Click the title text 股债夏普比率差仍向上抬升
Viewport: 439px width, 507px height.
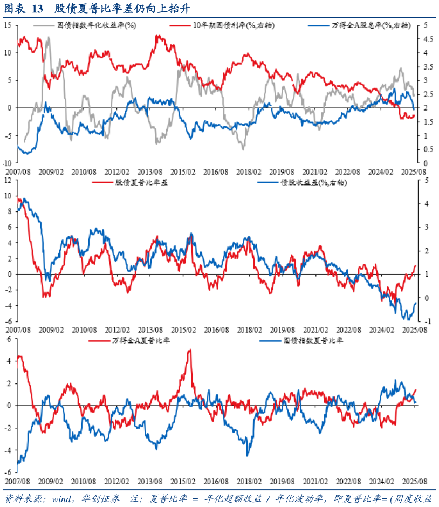click(122, 9)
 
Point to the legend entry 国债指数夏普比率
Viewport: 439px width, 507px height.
click(313, 341)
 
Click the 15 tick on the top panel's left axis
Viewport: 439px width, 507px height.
click(8, 25)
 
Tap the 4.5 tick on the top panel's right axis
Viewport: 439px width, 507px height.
click(426, 39)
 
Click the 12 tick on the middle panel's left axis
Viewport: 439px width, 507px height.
click(8, 181)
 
